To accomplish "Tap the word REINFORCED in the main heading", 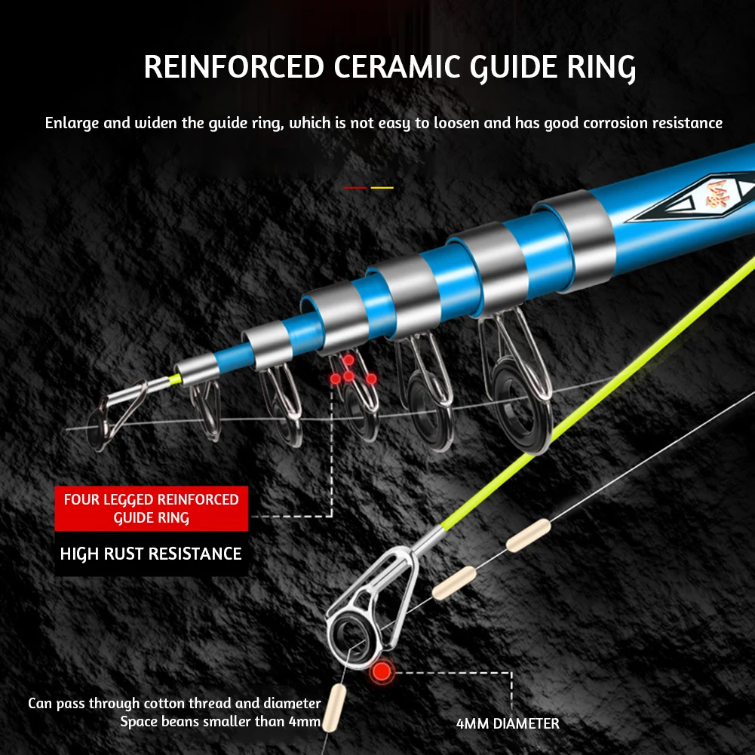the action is click(234, 67).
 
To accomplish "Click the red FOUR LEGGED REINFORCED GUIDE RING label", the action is click(151, 508).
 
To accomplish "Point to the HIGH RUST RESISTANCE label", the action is click(151, 554).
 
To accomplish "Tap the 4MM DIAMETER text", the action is click(508, 724).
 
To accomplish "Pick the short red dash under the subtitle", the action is click(354, 188).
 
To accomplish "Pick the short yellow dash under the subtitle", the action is click(382, 188).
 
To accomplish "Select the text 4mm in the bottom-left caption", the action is click(304, 723).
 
